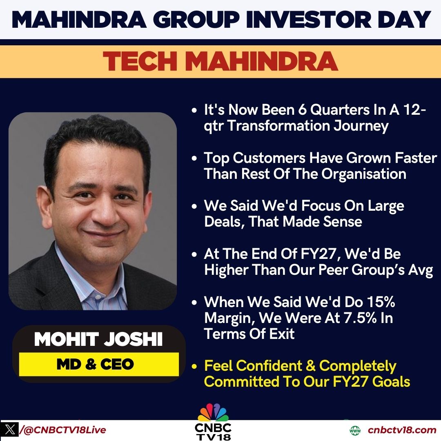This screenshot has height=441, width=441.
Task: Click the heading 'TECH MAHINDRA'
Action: (220, 61)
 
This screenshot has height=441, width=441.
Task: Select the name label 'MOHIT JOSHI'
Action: (98, 340)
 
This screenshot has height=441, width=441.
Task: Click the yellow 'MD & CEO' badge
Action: (98, 364)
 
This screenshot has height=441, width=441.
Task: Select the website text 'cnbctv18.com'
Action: (402, 430)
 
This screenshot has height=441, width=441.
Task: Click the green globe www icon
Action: (355, 430)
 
